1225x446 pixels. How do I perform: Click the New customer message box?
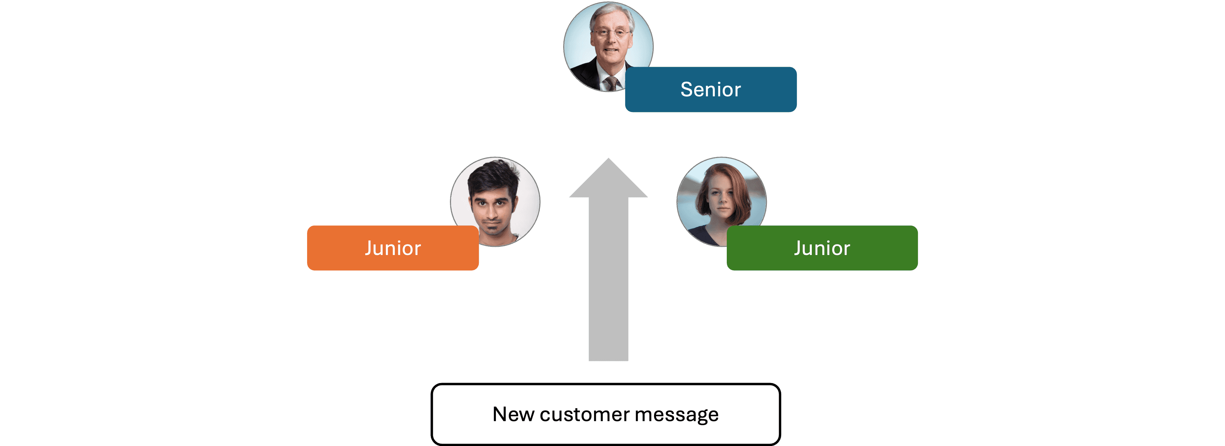coord(605,414)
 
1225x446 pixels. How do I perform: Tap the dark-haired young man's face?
coord(492,209)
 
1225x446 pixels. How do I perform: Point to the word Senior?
coord(710,90)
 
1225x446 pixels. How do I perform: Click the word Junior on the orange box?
coord(393,248)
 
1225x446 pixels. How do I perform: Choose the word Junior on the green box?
coord(822,248)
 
